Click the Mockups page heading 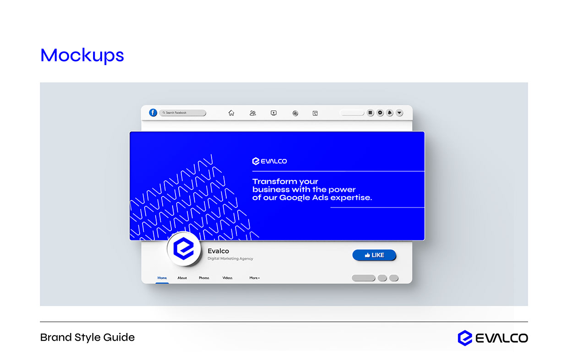click(82, 55)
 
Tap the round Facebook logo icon click(153, 113)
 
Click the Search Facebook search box click(183, 113)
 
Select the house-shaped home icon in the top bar click(231, 113)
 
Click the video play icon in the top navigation click(273, 113)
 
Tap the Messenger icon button click(380, 113)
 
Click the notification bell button click(390, 113)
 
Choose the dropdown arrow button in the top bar click(399, 113)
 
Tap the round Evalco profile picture click(183, 250)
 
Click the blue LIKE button click(374, 255)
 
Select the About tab click(182, 278)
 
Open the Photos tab click(204, 278)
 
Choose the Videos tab click(227, 278)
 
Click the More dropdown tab click(254, 278)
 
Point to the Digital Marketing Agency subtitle click(230, 259)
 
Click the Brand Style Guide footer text click(87, 338)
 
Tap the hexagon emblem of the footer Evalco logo click(464, 338)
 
